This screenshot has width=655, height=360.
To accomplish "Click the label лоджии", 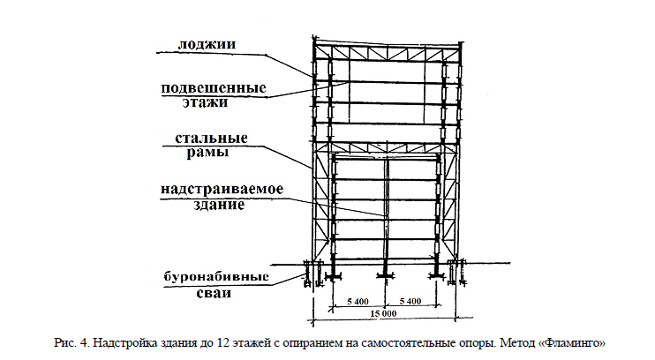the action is [x=207, y=44].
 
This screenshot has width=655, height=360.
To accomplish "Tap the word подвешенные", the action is [x=214, y=88].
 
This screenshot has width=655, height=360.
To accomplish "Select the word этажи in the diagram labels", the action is [x=205, y=102].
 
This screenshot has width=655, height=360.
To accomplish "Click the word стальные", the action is [x=211, y=139].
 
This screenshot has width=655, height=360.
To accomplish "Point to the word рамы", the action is [x=207, y=153].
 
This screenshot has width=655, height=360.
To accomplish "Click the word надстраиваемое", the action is [x=222, y=189].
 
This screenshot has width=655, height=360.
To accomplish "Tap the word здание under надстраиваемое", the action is [x=218, y=205].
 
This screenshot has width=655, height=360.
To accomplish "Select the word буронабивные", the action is [x=216, y=277].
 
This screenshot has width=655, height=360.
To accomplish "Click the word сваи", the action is [x=214, y=293].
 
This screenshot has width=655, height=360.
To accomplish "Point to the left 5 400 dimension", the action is [x=358, y=302].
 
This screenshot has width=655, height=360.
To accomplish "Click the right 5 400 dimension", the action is [x=410, y=301].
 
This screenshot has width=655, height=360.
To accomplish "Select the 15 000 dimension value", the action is [x=383, y=313].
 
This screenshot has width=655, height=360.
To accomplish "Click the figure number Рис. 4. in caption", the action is [x=72, y=343].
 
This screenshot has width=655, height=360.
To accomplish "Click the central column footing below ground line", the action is [x=385, y=274].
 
